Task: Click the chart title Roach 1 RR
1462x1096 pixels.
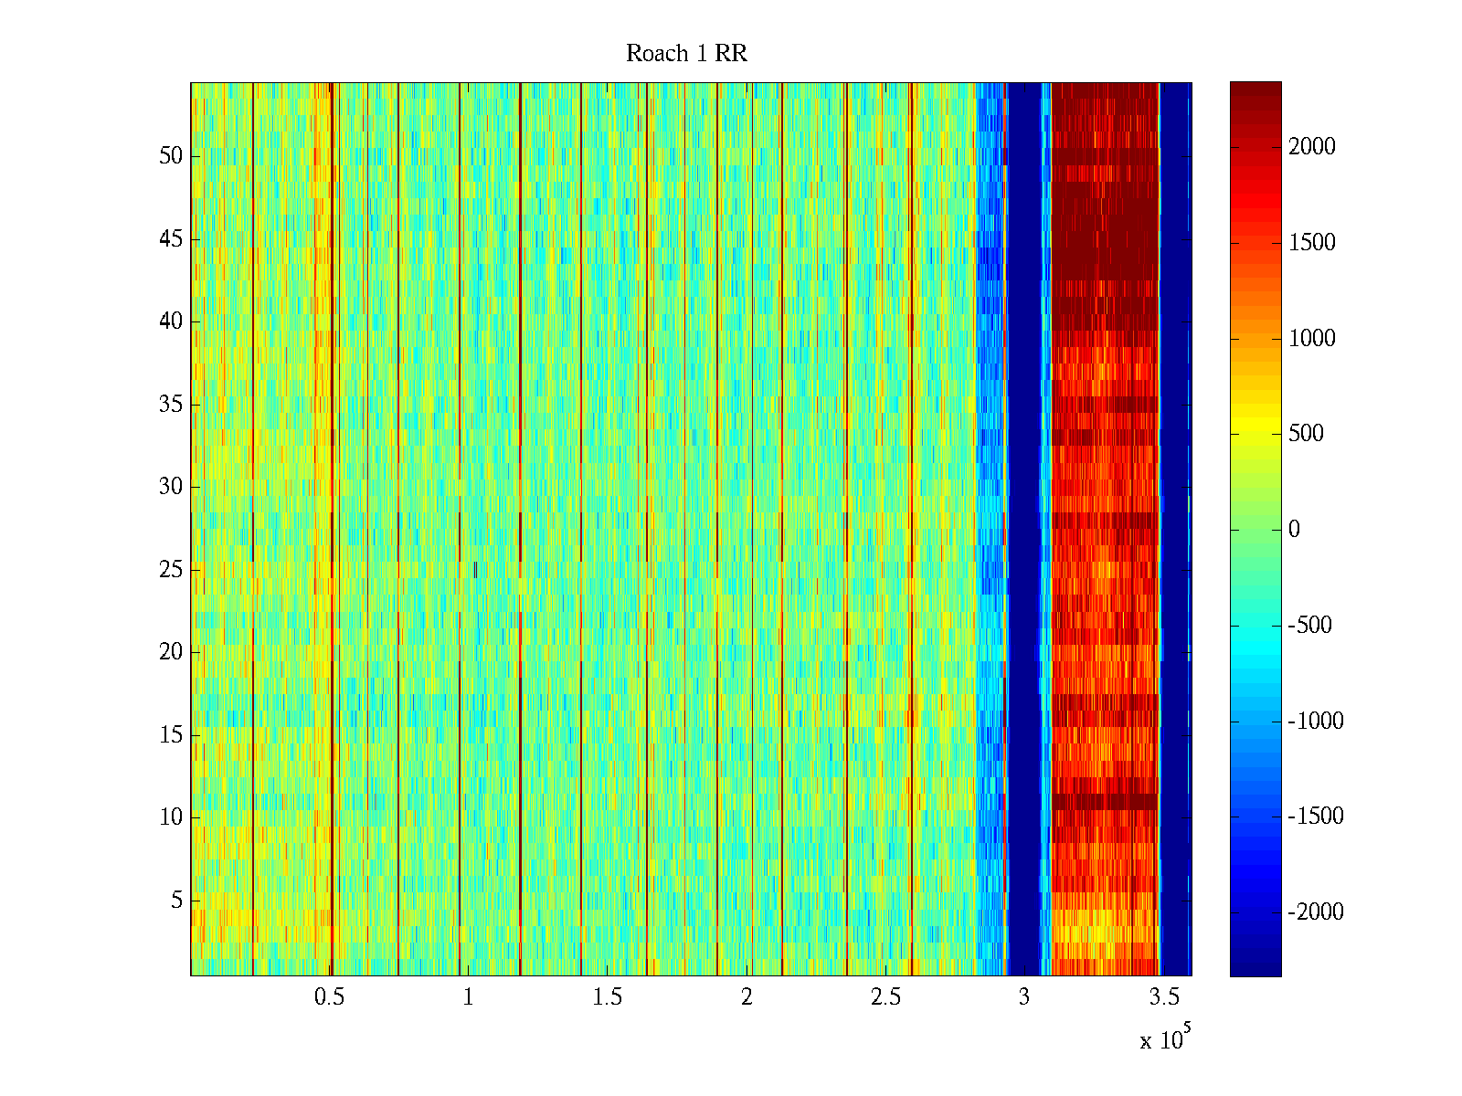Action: point(686,54)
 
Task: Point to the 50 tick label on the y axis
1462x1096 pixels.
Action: point(171,156)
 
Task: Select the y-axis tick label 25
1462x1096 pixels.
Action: point(171,570)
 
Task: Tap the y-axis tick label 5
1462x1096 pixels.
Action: point(176,901)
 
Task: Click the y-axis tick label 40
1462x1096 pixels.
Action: point(171,321)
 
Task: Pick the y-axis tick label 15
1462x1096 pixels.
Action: point(171,735)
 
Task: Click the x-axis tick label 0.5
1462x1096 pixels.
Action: point(329,997)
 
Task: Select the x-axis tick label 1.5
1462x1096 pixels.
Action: point(607,997)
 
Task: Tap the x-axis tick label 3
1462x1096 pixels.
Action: point(1023,997)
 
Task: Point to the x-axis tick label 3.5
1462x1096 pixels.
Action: point(1163,997)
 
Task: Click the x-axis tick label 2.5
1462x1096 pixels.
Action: point(885,997)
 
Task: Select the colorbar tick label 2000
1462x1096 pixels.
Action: point(1311,147)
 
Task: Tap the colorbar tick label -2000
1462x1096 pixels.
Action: point(1315,912)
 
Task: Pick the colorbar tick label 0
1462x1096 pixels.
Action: point(1294,530)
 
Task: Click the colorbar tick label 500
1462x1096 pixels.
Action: point(1306,434)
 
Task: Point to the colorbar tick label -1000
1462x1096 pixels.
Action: point(1315,722)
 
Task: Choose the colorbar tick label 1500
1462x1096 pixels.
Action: point(1311,243)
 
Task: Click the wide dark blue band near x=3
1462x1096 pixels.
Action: point(1023,530)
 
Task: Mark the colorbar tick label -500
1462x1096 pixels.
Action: point(1309,626)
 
